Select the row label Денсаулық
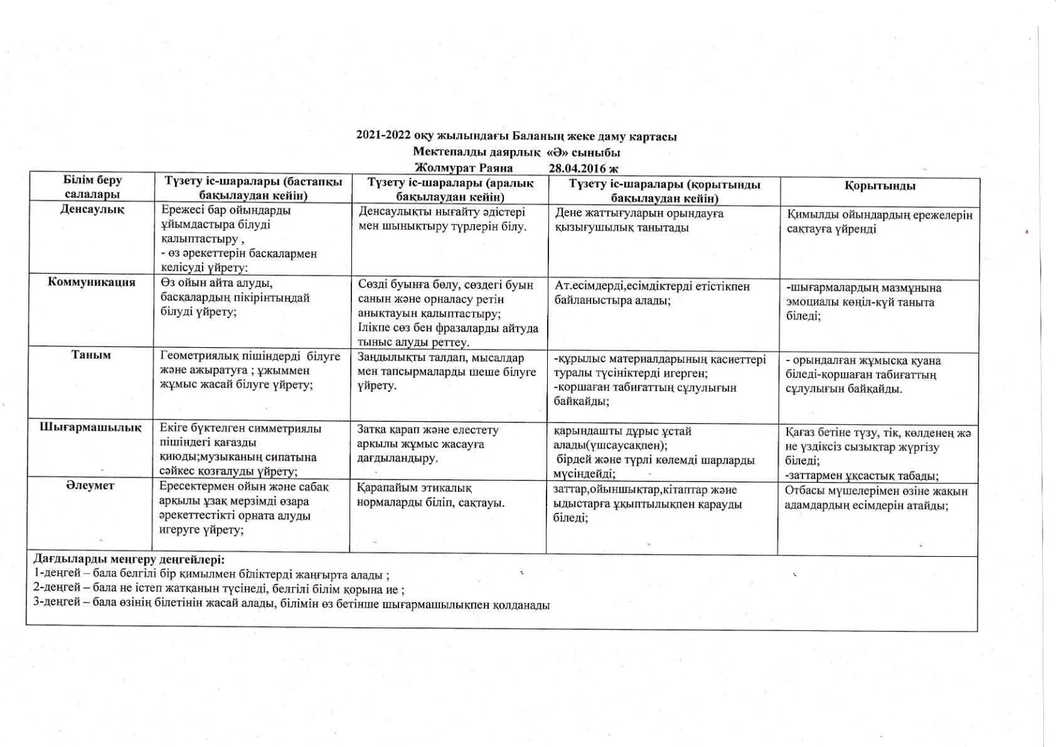click(92, 210)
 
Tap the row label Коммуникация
click(92, 282)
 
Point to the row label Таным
click(92, 355)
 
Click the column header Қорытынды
click(879, 186)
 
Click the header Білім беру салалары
click(92, 188)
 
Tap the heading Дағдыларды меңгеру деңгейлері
click(128, 559)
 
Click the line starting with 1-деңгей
click(211, 574)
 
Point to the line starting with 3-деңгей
click(291, 605)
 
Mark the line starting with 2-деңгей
click(218, 589)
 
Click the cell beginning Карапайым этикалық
click(430, 495)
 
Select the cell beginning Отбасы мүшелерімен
click(876, 498)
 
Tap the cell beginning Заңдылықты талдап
click(446, 372)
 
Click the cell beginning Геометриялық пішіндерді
click(250, 370)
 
